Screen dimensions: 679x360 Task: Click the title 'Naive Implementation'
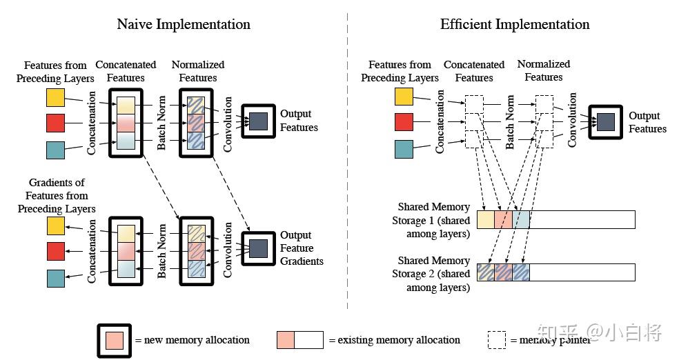[x=184, y=24]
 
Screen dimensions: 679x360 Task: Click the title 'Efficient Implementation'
[x=515, y=24]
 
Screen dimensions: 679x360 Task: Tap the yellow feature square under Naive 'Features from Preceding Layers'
[x=55, y=97]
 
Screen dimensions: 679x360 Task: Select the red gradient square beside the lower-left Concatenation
[x=56, y=252]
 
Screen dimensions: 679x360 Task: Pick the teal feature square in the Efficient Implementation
[x=404, y=149]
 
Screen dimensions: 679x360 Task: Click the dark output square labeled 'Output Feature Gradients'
[x=259, y=248]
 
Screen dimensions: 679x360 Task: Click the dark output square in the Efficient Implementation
[x=606, y=121]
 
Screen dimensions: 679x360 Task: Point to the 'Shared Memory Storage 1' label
[x=431, y=220]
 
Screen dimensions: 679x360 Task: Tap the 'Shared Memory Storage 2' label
[x=431, y=274]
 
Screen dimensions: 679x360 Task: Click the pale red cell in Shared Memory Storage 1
[x=503, y=219]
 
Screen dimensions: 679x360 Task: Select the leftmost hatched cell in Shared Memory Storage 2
[x=485, y=272]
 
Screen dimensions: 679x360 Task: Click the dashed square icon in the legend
[x=497, y=340]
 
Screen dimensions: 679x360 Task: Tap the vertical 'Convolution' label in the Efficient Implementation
[x=572, y=120]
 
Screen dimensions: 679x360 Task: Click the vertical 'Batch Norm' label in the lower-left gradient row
[x=161, y=251]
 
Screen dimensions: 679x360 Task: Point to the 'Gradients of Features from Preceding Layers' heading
[x=57, y=196]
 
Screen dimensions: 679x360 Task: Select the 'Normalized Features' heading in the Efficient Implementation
[x=544, y=70]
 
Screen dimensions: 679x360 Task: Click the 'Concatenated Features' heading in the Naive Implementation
[x=126, y=72]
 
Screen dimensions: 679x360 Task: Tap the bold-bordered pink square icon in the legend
[x=115, y=341]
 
